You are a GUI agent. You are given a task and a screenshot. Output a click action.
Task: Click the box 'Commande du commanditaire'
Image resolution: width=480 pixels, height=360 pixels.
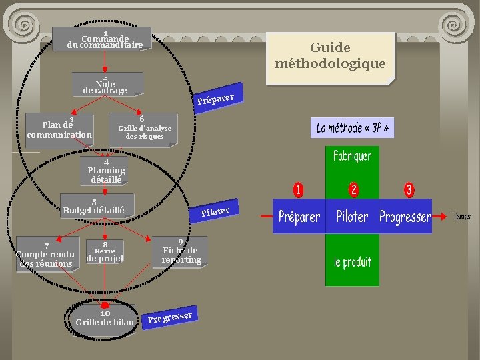click(104, 40)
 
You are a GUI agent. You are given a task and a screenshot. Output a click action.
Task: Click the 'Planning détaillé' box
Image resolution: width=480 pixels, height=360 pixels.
click(106, 172)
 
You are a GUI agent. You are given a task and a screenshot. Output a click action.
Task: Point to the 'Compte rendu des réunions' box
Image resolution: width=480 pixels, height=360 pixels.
click(45, 254)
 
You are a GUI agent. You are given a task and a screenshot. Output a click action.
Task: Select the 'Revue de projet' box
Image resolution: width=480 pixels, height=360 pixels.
click(105, 252)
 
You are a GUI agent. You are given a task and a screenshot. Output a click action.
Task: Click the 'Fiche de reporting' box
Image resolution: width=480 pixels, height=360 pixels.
click(181, 253)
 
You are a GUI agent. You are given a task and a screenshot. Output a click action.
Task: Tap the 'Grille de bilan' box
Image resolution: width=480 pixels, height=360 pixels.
click(105, 319)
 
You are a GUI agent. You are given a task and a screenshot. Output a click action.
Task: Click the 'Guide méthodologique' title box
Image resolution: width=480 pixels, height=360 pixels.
click(330, 56)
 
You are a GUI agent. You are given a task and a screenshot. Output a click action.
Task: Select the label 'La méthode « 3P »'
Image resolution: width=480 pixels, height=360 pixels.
click(352, 127)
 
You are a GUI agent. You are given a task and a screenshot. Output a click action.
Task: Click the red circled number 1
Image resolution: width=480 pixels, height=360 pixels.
click(299, 190)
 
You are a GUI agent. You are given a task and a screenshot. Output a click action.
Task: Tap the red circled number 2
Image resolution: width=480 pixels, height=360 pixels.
click(353, 190)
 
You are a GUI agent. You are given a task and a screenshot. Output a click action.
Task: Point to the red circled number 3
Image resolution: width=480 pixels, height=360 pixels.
click(409, 190)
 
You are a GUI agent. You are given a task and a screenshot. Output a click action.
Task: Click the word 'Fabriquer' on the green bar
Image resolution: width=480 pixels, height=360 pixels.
click(353, 157)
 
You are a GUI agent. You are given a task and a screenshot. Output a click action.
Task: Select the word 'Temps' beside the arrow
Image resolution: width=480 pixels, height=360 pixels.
click(461, 216)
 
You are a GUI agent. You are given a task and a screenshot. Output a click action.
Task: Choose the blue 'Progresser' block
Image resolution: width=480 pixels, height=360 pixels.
click(405, 217)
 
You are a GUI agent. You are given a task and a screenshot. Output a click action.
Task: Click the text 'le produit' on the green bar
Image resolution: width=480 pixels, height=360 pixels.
click(353, 261)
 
